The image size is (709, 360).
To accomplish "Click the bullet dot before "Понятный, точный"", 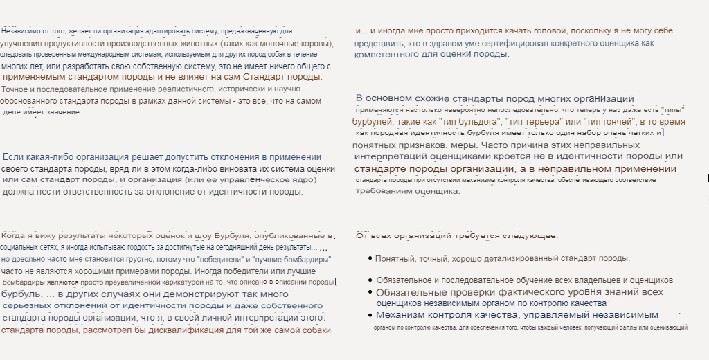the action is click(x=369, y=258).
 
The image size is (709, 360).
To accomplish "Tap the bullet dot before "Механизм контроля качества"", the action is click(x=371, y=315).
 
